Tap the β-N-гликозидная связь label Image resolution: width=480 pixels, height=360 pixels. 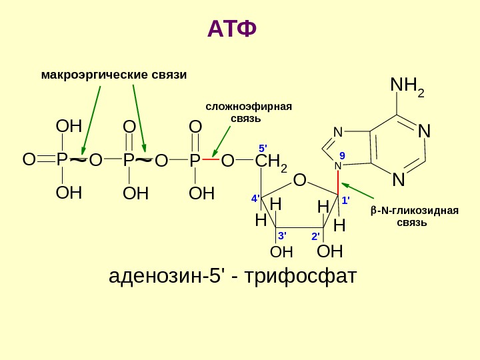(414, 216)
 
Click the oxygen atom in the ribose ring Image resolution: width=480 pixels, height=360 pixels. (299, 181)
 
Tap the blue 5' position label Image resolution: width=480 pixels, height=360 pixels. (262, 147)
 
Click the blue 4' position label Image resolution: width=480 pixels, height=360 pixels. (255, 199)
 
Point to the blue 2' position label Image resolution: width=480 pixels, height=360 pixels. (315, 236)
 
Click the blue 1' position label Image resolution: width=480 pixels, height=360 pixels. (345, 199)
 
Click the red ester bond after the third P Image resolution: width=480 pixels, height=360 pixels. (211, 160)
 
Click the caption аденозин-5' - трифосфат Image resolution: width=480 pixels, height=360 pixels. (233, 275)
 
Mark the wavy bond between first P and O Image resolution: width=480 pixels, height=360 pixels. (79, 160)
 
